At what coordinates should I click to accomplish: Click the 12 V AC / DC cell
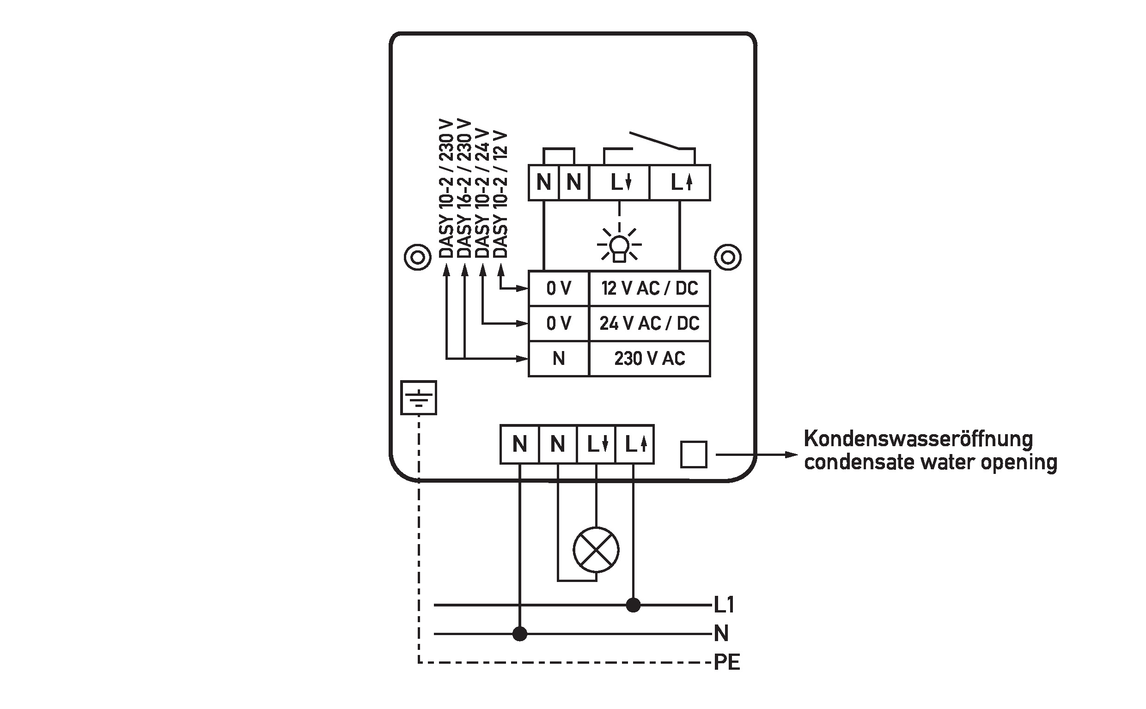point(649,288)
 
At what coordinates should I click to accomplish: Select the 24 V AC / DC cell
point(649,323)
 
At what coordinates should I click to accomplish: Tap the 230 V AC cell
point(649,359)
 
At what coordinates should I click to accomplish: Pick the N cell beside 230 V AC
point(558,359)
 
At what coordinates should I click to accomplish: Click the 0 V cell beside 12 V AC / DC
point(558,288)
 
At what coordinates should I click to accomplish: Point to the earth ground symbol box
point(419,398)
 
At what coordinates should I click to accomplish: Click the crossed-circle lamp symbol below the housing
point(596,550)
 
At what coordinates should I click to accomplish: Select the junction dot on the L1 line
point(633,605)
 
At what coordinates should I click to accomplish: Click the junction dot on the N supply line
point(520,634)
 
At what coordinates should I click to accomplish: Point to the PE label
point(726,662)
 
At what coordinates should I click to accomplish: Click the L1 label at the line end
point(724,605)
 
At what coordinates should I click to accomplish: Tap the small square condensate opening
point(693,454)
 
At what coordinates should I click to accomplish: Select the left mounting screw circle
point(417,257)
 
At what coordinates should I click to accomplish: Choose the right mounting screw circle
point(727,257)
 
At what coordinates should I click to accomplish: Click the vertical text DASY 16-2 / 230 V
point(464,188)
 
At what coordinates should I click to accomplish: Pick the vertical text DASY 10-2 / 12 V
point(500,194)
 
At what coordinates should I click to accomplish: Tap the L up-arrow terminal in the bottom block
point(634,444)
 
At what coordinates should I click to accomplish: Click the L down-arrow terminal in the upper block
point(619,182)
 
